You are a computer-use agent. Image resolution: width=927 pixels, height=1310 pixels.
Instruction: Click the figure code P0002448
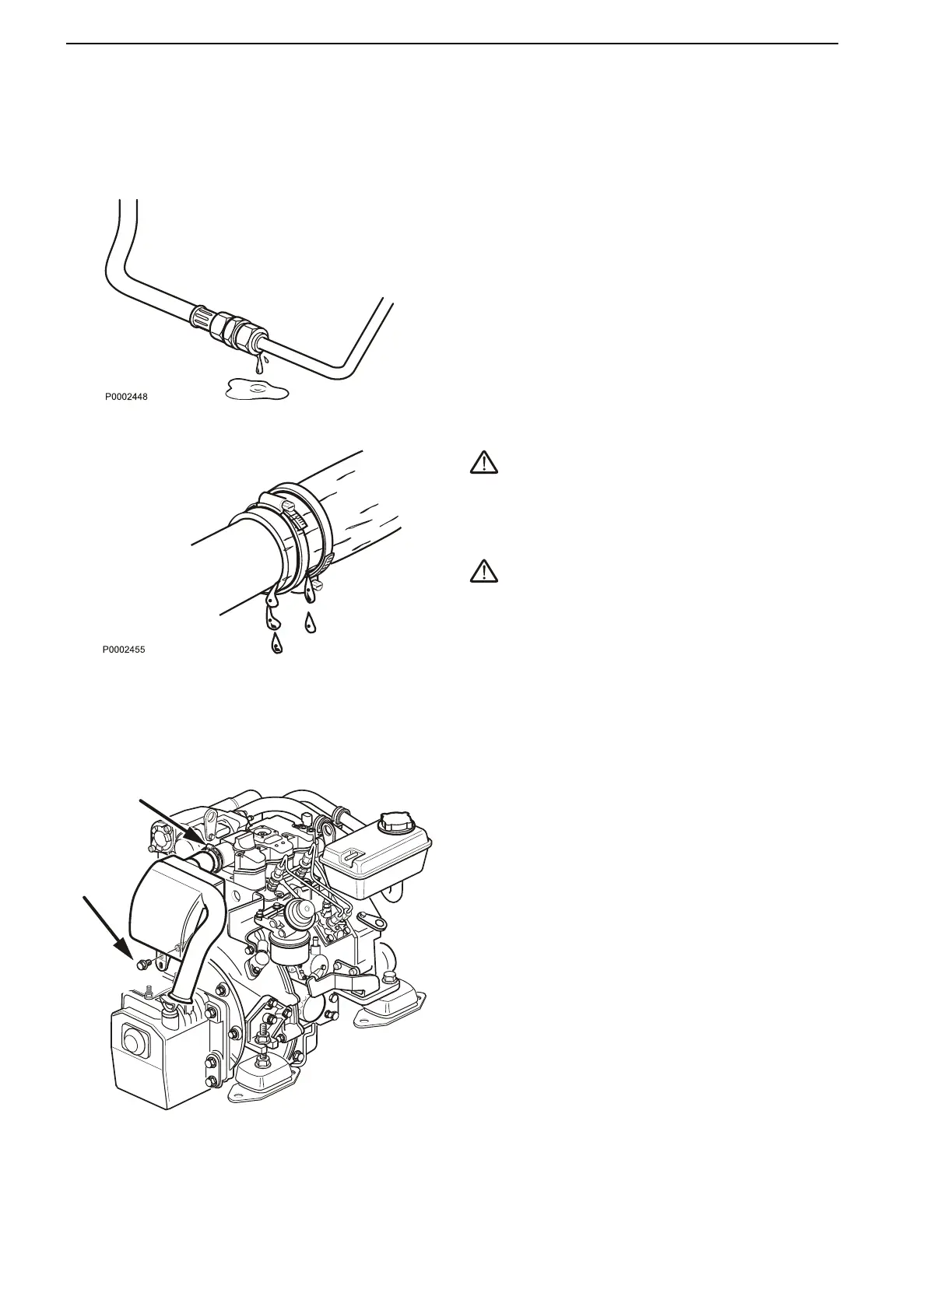(127, 397)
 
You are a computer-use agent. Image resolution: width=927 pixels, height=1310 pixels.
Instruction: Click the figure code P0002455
(123, 648)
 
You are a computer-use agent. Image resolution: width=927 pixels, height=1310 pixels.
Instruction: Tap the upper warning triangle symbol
(484, 464)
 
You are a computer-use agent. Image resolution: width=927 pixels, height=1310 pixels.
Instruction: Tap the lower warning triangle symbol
(484, 572)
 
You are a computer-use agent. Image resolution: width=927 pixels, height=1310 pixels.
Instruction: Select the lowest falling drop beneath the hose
(276, 643)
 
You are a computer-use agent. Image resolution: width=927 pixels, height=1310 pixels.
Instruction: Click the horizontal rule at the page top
(451, 44)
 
